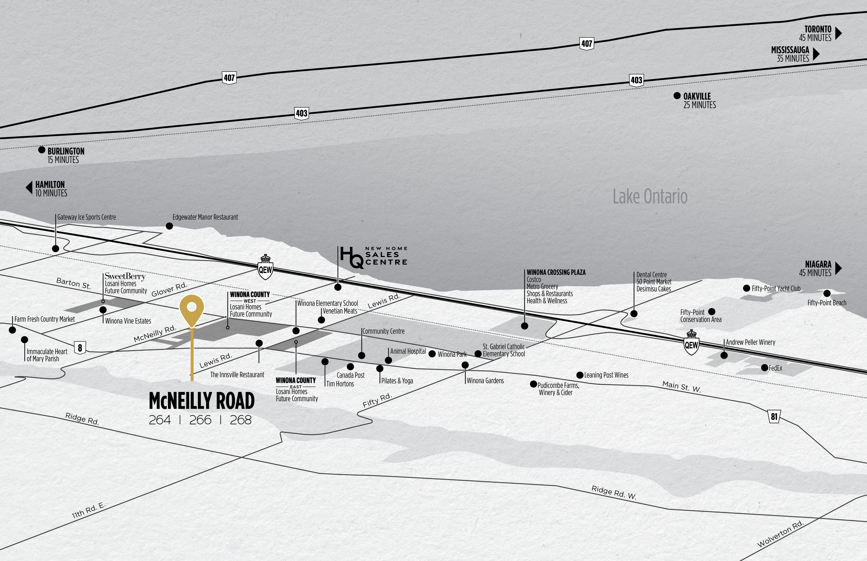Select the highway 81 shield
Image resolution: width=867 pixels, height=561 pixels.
774,416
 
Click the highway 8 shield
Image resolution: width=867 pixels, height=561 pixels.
80,347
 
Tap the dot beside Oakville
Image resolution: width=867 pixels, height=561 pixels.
677,96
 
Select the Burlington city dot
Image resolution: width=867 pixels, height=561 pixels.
42,150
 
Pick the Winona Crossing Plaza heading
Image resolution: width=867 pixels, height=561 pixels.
556,272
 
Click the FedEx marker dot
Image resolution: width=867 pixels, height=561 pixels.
764,368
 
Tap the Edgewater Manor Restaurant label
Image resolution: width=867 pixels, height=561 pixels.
205,217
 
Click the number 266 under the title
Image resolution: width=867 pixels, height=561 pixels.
200,420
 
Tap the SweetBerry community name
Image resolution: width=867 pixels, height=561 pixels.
125,276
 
